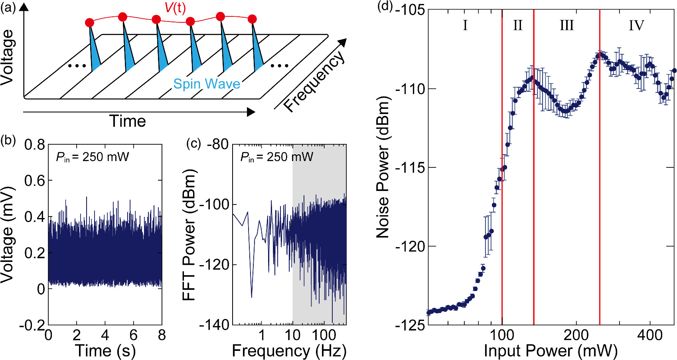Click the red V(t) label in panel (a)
175,8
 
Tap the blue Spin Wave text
207,84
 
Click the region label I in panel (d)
465,26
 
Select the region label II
517,26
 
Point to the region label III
566,26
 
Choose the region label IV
636,26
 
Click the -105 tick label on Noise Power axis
410,10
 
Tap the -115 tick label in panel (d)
410,167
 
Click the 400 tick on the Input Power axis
650,335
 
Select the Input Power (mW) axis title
551,351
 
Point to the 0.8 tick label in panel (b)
35,144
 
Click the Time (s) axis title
105,351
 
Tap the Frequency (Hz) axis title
289,351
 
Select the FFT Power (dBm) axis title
189,235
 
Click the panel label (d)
385,7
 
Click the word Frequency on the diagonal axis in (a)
314,82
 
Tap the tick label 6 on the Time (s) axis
133,335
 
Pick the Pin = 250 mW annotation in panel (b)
93,157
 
